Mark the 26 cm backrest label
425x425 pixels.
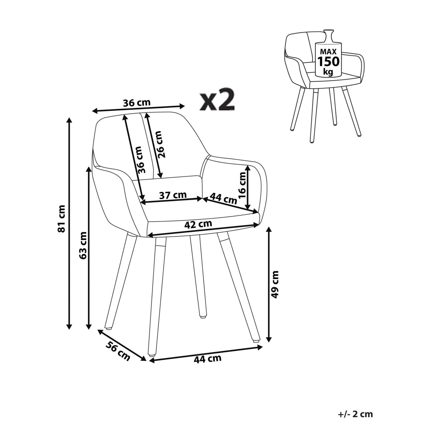tap(160, 144)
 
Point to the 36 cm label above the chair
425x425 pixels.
tap(137, 103)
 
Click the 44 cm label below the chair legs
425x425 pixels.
tap(207, 358)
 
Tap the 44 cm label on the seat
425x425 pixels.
tap(223, 198)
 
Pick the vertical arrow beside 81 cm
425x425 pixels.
tap(70, 223)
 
